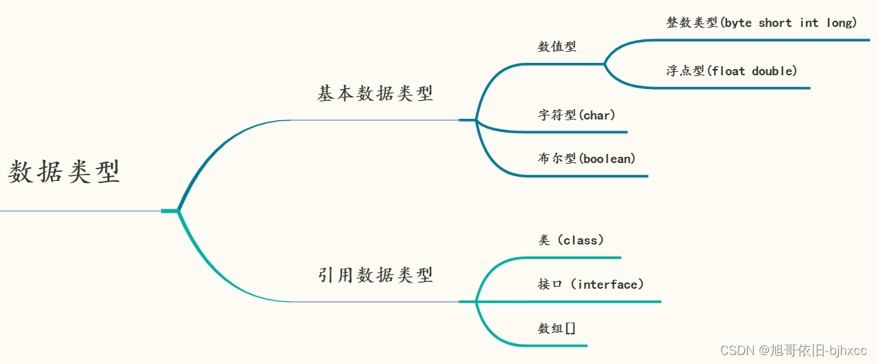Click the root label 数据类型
click(64, 172)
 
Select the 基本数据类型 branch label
click(375, 93)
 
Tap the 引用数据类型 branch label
click(375, 275)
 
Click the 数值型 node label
click(557, 47)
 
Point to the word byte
click(737, 23)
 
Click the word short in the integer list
click(775, 23)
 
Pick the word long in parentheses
click(838, 23)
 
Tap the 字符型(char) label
click(576, 115)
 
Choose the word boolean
click(607, 159)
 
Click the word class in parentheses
click(581, 240)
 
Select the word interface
click(607, 284)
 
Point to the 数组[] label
click(557, 329)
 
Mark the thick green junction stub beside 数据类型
click(170, 211)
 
